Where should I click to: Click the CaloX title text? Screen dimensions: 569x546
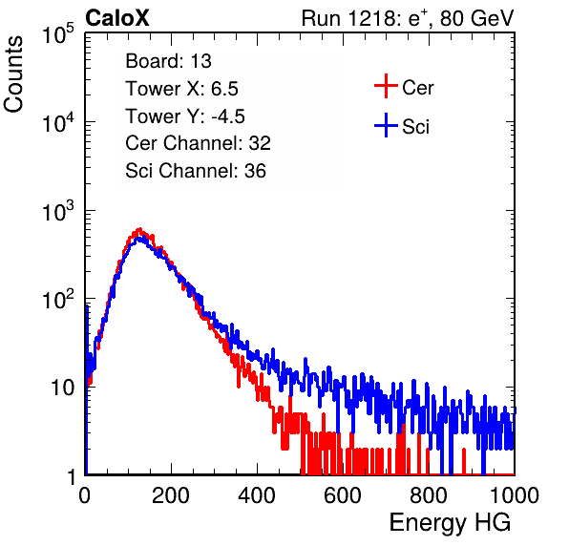[x=116, y=18]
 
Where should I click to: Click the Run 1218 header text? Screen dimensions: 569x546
[x=408, y=18]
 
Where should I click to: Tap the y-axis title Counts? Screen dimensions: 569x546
[x=13, y=74]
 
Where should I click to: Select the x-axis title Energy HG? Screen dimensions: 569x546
[x=450, y=523]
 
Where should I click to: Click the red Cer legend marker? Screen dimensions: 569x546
[x=386, y=86]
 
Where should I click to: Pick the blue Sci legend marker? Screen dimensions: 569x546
[x=386, y=125]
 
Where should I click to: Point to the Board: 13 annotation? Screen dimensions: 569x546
[x=168, y=61]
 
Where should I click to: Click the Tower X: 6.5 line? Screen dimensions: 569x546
[x=181, y=89]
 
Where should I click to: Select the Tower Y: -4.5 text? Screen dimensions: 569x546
[x=185, y=116]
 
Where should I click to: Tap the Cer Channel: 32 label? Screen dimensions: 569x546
[x=199, y=143]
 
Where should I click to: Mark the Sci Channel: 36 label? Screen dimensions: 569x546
[x=196, y=171]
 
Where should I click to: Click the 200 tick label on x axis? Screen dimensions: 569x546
[x=171, y=495]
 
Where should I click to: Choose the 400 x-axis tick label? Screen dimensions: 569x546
[x=257, y=495]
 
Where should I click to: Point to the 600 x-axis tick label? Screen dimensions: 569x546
[x=343, y=495]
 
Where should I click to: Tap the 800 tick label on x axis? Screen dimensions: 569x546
[x=429, y=495]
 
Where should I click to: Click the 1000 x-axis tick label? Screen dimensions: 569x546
[x=515, y=495]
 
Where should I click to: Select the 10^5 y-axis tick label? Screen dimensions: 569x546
[x=58, y=34]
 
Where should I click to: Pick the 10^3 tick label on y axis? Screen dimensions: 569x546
[x=58, y=211]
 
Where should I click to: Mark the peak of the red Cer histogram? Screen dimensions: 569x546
[x=139, y=229]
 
